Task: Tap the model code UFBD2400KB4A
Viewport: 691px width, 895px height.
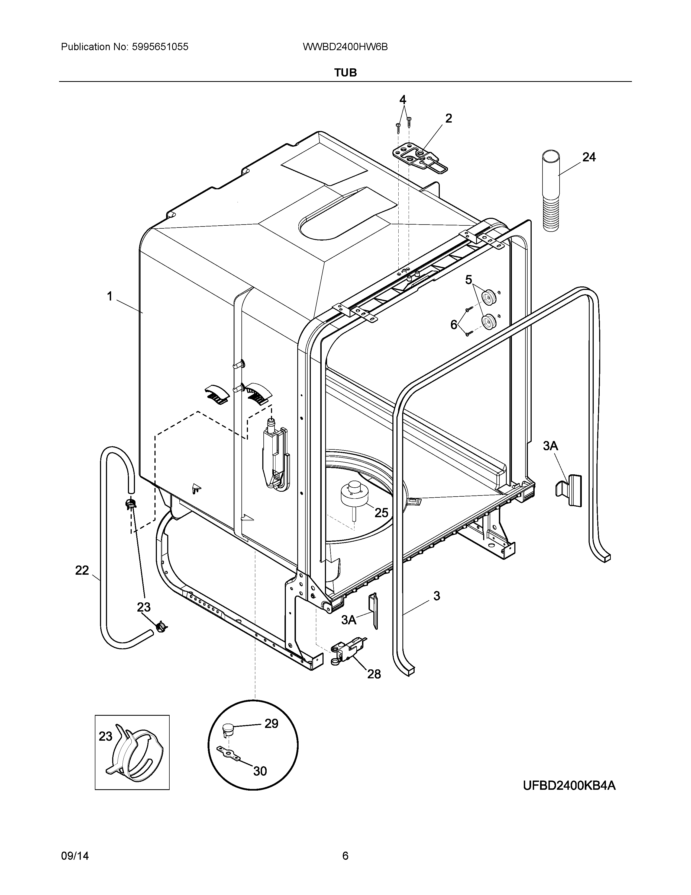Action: pos(569,786)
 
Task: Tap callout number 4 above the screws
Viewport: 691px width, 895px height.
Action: pos(403,100)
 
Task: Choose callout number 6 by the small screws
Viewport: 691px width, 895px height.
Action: pos(454,325)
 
